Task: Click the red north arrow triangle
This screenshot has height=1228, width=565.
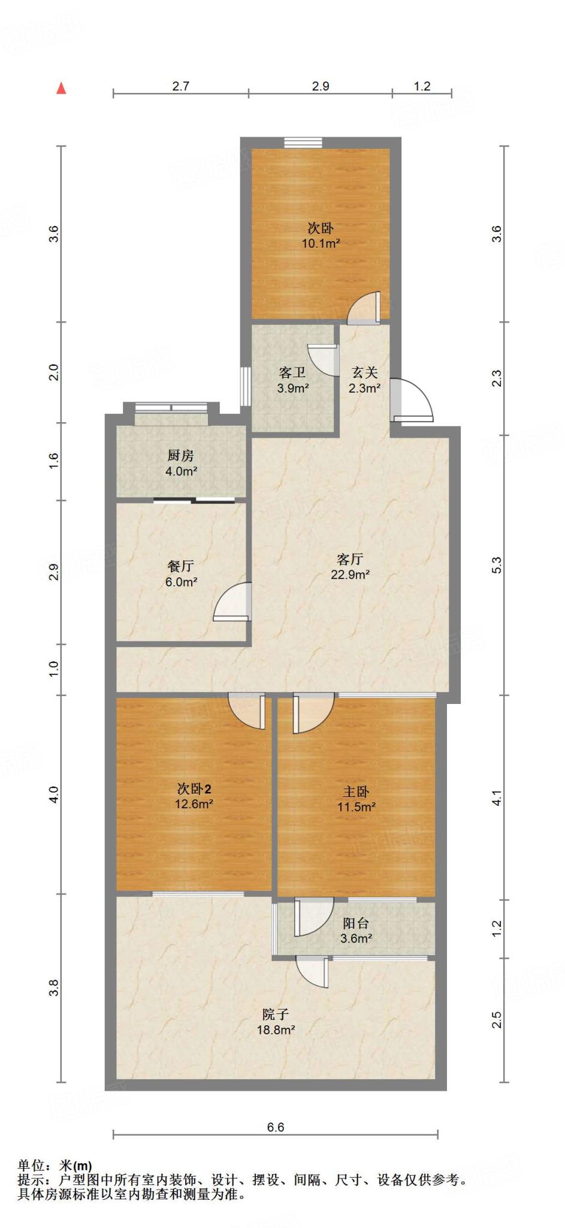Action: point(61,88)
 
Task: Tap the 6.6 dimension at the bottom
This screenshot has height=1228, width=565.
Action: point(275,1127)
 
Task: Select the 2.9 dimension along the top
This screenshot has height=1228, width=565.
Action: point(321,86)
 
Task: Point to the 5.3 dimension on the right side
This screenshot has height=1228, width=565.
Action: point(497,565)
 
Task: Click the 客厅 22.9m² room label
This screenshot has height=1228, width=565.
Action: point(350,567)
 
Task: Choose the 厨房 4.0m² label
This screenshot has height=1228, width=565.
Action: point(181,463)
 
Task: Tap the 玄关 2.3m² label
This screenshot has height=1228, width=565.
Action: point(364,380)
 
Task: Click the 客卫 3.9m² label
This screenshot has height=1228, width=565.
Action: point(293,380)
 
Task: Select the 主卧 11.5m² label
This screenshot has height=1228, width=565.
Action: point(356,799)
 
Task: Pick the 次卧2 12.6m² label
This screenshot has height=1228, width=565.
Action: point(194,796)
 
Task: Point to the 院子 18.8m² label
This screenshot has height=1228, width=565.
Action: point(276,1022)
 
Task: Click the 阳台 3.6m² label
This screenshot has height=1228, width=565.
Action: point(356,931)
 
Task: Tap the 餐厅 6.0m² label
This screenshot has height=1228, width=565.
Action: point(181,573)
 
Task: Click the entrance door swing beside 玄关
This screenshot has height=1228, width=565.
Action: point(412,401)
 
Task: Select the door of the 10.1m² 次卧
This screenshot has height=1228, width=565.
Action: point(364,308)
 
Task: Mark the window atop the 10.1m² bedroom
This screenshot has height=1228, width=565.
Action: point(303,142)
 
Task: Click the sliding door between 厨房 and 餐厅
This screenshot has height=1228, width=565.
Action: point(194,499)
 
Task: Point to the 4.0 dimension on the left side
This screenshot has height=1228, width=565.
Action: point(54,794)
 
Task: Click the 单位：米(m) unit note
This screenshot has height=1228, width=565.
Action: point(55,1166)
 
